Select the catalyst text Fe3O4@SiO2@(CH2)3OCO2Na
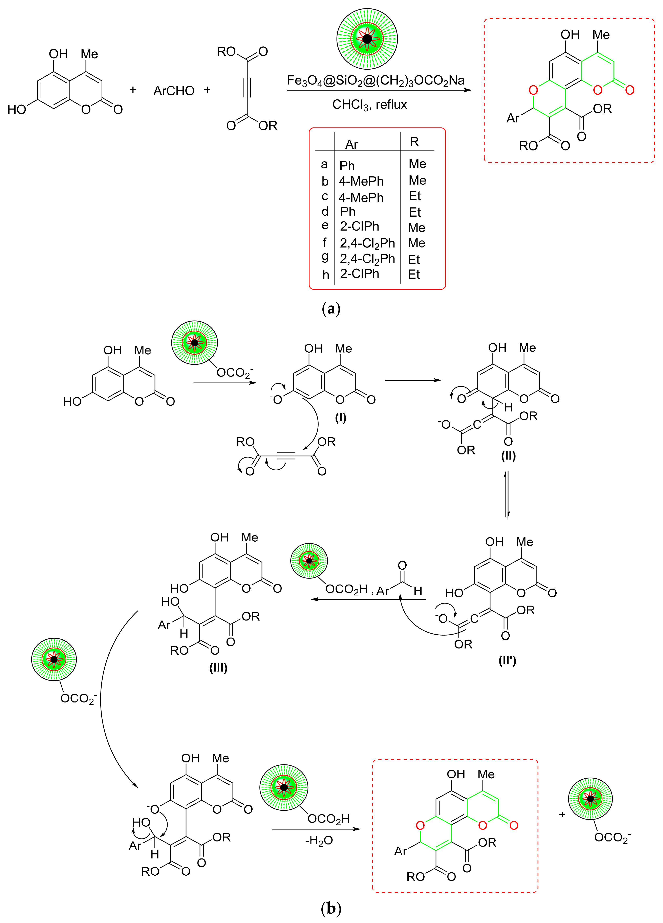click(x=376, y=80)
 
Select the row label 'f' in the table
click(x=325, y=243)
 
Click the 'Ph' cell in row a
click(x=347, y=166)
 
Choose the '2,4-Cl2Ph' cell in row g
click(x=367, y=259)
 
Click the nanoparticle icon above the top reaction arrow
click(x=367, y=39)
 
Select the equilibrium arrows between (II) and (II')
click(x=507, y=494)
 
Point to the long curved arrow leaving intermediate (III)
click(x=106, y=700)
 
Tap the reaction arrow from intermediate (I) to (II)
click(x=413, y=380)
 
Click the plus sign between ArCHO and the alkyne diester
click(x=207, y=90)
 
